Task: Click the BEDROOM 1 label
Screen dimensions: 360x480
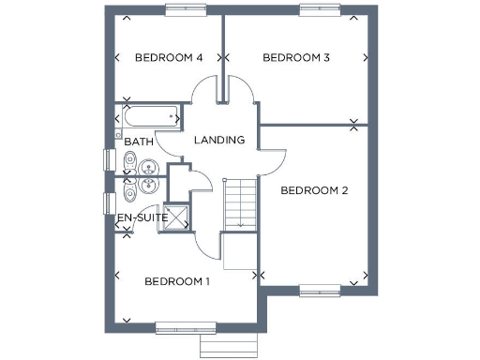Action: pos(177,281)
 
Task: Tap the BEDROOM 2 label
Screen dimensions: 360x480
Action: pos(315,190)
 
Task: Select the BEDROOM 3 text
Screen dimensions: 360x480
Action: pos(296,58)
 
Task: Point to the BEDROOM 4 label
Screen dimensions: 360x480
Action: pos(169,58)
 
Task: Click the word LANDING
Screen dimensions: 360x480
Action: pos(219,140)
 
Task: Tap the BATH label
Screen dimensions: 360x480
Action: pos(139,142)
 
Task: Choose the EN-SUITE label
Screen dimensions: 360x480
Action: pos(142,217)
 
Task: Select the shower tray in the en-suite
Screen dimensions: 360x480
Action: pos(178,217)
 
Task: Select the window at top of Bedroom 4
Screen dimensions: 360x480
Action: pos(186,10)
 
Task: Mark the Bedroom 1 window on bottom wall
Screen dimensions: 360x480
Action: pos(180,327)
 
